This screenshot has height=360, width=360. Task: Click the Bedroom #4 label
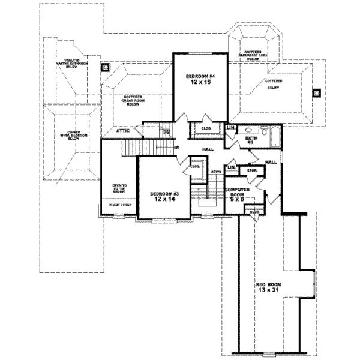197,76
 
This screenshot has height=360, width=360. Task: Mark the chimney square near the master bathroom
105,67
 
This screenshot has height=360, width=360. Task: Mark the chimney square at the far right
317,92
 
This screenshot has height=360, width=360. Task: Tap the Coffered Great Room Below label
133,100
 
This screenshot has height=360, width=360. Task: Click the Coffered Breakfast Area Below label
252,55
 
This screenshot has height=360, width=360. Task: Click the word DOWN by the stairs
216,172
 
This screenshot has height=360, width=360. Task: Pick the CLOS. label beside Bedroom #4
205,128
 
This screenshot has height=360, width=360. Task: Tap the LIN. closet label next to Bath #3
230,127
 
